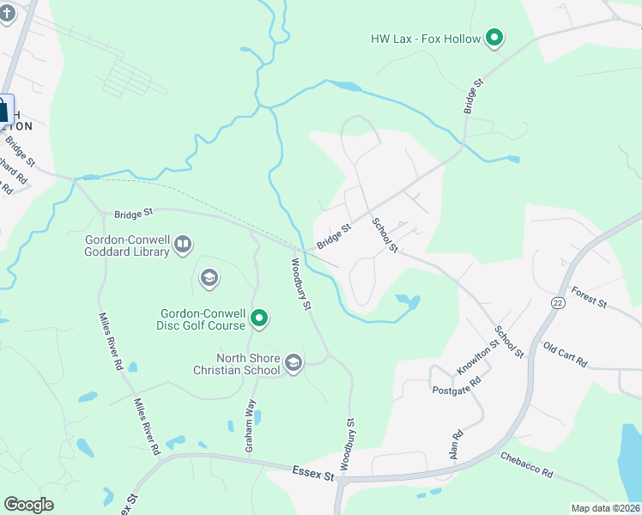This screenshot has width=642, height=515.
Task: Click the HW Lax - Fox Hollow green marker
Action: [494, 38]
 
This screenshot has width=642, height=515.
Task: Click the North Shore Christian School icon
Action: [294, 364]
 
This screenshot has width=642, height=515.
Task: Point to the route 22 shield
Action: [558, 303]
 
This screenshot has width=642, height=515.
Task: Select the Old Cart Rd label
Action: [565, 353]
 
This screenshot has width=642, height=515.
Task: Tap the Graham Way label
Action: [251, 429]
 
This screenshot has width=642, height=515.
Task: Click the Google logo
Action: [28, 505]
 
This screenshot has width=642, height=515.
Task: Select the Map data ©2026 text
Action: [605, 508]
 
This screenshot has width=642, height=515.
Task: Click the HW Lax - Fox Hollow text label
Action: [426, 39]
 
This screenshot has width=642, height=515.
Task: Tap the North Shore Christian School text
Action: [237, 364]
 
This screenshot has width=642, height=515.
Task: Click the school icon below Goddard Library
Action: [208, 278]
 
